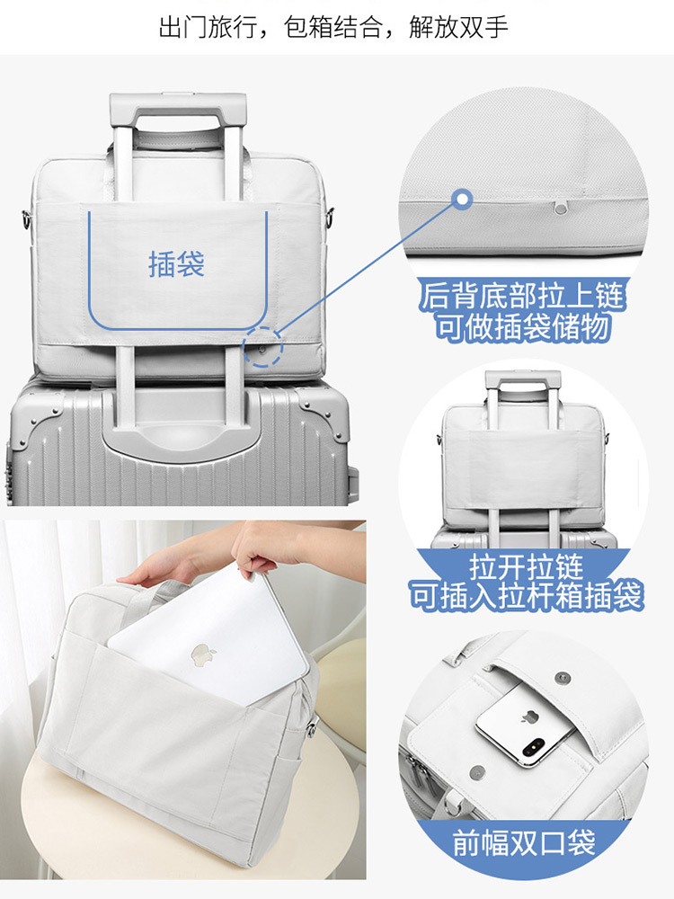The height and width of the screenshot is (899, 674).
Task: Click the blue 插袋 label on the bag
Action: point(176,264)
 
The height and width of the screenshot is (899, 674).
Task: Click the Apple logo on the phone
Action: point(528,717)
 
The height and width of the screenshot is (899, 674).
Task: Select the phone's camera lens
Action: point(532,747)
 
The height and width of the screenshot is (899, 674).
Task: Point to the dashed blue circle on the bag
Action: point(262,346)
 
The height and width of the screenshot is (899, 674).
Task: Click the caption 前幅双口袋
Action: point(524,843)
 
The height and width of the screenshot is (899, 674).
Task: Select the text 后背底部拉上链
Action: point(521,297)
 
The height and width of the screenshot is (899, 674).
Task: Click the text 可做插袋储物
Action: point(521,327)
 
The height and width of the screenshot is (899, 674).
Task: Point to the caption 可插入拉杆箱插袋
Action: point(526,596)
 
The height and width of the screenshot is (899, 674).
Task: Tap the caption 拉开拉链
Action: point(526,566)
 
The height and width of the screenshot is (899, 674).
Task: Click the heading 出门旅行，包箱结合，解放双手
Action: point(333,27)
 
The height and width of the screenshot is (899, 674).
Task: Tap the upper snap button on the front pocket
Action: point(564,679)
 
